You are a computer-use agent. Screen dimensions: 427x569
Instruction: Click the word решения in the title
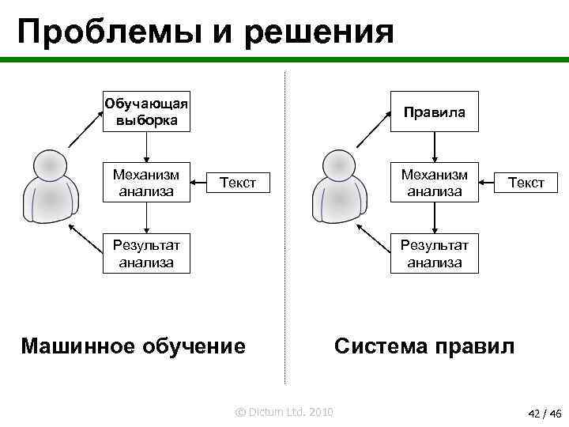pyautogui.click(x=331, y=32)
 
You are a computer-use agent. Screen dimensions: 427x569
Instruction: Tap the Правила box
pyautogui.click(x=434, y=112)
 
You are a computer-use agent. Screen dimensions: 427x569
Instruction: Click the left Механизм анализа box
pyautogui.click(x=146, y=183)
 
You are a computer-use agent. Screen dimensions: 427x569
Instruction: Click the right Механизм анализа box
pyautogui.click(x=434, y=183)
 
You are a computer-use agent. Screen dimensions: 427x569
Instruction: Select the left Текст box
pyautogui.click(x=237, y=183)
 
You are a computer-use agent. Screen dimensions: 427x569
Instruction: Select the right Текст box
pyautogui.click(x=526, y=183)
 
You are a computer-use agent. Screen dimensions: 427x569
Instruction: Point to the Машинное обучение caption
pyautogui.click(x=133, y=346)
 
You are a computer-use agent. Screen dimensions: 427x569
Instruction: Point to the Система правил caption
pyautogui.click(x=424, y=346)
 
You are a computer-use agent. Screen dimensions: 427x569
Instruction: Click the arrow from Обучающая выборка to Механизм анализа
pyautogui.click(x=146, y=147)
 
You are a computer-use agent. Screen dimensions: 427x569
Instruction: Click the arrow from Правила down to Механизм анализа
pyautogui.click(x=434, y=147)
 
